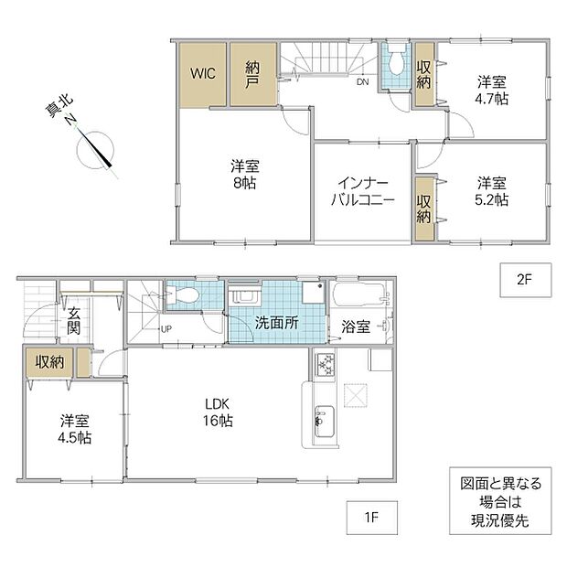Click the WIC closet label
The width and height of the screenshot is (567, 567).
203,73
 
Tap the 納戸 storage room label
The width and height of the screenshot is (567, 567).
252,75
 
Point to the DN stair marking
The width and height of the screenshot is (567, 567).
363,82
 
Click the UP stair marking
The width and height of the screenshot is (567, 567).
166,329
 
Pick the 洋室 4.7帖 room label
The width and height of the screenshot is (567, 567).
491,91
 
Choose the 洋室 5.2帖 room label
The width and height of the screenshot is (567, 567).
491,191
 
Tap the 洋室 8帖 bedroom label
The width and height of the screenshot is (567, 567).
245,175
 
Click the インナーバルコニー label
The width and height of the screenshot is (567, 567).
363,191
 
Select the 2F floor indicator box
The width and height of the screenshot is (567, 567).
526,280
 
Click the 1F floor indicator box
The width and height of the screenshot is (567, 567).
371,518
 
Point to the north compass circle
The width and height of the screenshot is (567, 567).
95,150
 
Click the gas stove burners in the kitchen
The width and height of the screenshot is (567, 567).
326,365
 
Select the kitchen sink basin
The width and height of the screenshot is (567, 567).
324,422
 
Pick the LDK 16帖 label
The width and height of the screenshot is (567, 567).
218,412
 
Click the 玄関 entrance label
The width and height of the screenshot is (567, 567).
73,321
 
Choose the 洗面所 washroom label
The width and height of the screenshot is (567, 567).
277,323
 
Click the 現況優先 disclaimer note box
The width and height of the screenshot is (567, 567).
500,501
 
